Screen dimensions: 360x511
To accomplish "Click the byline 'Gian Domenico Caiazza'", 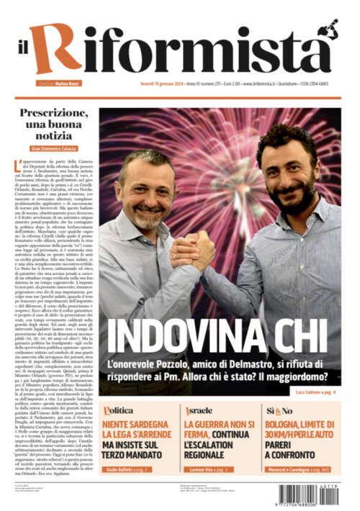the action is [x=54, y=148].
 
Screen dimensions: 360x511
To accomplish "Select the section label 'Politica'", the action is [x=118, y=410].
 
